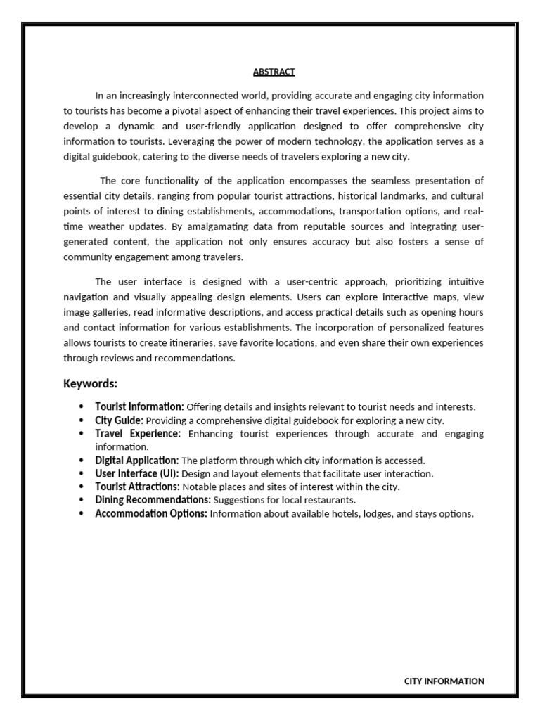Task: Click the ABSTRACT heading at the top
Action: click(274, 72)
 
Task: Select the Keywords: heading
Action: click(90, 383)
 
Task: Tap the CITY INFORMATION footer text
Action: click(444, 681)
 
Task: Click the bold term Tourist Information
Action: click(139, 406)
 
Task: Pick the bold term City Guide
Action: click(119, 420)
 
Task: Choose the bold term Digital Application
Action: click(136, 461)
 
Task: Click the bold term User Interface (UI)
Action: click(136, 474)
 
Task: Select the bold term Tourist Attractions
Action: click(137, 487)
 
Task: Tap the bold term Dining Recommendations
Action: click(153, 500)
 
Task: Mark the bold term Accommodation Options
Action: click(150, 513)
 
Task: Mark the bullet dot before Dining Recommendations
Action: click(82, 500)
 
